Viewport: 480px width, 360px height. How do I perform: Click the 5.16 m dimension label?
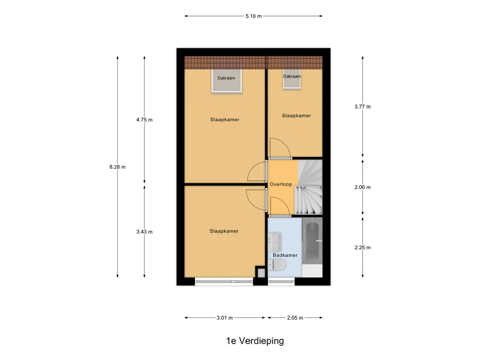(x=254, y=16)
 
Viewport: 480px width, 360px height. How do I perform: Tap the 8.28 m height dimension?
(x=118, y=167)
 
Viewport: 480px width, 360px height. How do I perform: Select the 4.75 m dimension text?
(x=144, y=120)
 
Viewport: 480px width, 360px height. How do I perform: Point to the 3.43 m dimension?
(x=144, y=232)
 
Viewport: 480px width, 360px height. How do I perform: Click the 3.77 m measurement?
(x=363, y=107)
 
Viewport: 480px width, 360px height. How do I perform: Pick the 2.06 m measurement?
(x=363, y=187)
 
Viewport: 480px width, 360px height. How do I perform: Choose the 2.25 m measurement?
(x=363, y=247)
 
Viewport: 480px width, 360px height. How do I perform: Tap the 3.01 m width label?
(x=225, y=318)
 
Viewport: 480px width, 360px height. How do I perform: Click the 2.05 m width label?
(x=295, y=318)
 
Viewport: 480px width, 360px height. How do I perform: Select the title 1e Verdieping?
(x=255, y=341)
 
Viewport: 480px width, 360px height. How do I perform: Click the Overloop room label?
(x=281, y=184)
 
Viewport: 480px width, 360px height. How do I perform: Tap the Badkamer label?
(x=285, y=255)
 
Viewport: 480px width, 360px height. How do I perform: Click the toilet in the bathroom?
(x=277, y=265)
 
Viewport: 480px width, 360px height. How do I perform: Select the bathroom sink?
(x=275, y=242)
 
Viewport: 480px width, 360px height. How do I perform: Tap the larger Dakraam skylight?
(x=226, y=81)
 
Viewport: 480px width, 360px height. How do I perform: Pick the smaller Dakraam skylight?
(x=292, y=80)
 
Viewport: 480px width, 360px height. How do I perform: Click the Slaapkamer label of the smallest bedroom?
(x=296, y=116)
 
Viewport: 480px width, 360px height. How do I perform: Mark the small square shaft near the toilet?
(x=261, y=272)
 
